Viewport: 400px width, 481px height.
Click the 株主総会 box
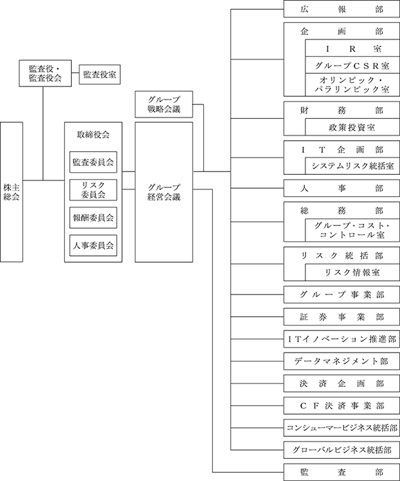(x=11, y=192)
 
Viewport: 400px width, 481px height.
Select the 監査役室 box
(x=99, y=74)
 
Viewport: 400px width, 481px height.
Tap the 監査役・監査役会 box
(x=45, y=73)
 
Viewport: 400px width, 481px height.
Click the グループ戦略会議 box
(x=164, y=104)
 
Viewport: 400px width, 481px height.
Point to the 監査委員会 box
(x=93, y=162)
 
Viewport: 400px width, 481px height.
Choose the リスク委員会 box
(x=93, y=190)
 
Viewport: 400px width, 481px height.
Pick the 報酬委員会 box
(x=93, y=218)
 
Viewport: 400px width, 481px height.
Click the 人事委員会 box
(x=93, y=245)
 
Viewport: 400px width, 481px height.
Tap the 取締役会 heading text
(x=93, y=135)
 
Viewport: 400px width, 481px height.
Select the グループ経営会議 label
(x=164, y=192)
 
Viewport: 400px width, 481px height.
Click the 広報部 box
(x=342, y=9)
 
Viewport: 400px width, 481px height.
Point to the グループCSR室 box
(x=352, y=65)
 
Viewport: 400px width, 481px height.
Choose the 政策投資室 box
(x=352, y=127)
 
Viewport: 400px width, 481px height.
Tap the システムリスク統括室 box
(x=352, y=166)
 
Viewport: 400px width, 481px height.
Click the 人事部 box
(x=342, y=188)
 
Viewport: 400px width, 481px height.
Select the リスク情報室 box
(x=352, y=272)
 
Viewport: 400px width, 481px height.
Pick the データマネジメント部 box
(x=342, y=361)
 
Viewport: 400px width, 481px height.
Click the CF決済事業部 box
(x=342, y=406)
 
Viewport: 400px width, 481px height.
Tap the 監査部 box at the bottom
(x=342, y=472)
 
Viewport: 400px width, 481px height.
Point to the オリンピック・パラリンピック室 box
(x=352, y=85)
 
